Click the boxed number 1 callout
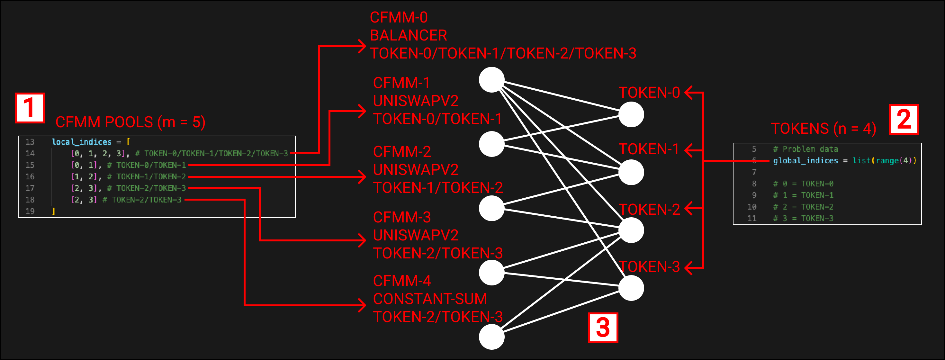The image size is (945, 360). (30, 108)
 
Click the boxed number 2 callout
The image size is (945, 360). (904, 120)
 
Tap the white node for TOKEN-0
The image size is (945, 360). (631, 114)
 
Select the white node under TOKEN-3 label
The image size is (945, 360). (631, 288)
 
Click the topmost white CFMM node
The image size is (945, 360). (491, 80)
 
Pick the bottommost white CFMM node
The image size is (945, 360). (491, 337)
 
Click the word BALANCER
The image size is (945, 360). (408, 36)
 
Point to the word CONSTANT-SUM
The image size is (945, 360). (430, 299)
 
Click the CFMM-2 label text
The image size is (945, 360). (402, 152)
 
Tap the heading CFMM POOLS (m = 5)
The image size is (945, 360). (130, 122)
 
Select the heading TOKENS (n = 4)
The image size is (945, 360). (823, 129)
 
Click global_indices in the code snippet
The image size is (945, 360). (805, 161)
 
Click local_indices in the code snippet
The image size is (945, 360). (81, 142)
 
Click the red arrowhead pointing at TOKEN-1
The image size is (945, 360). (688, 150)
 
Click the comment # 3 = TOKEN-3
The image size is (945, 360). (803, 218)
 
